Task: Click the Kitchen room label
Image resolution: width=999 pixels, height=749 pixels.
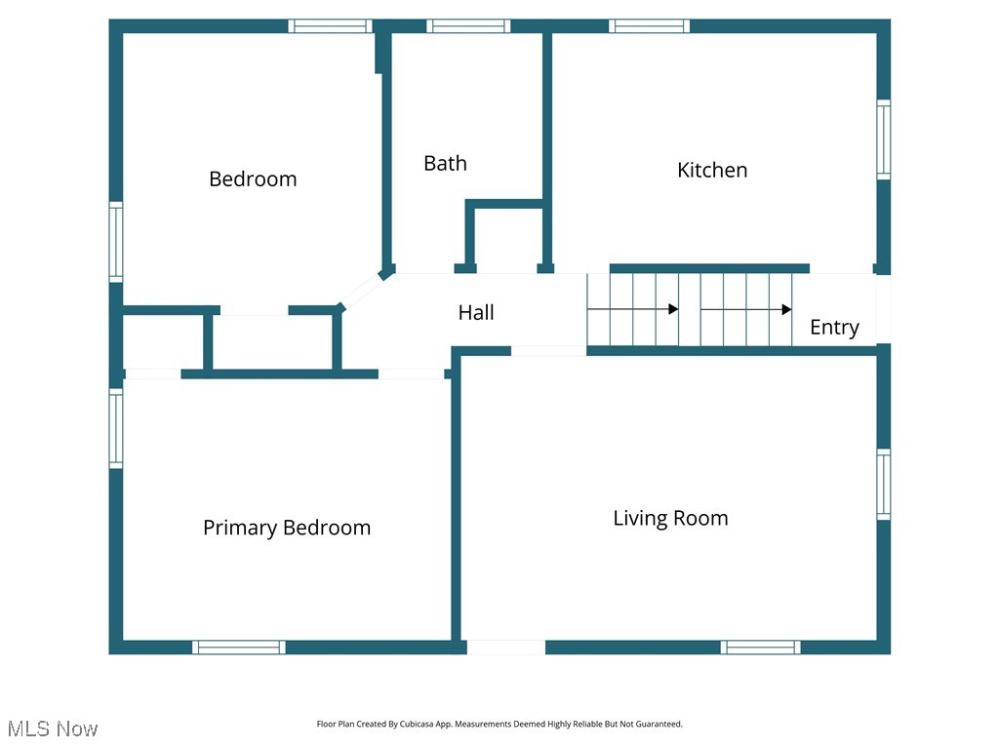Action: coord(712,170)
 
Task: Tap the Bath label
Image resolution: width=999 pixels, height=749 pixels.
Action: coord(445,163)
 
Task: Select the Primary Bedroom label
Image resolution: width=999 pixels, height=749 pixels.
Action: coord(287,528)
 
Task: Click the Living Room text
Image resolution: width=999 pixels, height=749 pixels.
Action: coord(670,518)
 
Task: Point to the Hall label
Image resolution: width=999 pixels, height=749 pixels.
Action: coord(476,312)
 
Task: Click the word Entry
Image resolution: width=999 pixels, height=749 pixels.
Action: coord(834,328)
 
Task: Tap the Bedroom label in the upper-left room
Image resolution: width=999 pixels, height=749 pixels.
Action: coord(253,178)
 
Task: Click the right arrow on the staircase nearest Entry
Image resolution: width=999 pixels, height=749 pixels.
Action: coord(746,310)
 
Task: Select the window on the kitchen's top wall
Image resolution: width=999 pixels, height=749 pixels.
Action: coord(650,26)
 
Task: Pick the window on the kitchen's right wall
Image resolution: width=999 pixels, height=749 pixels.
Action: coord(883,139)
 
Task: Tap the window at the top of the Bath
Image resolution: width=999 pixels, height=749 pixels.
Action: coord(468,26)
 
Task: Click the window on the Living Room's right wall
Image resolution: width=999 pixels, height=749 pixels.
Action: coord(883,484)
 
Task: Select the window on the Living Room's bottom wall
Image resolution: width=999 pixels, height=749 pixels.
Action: coord(761,647)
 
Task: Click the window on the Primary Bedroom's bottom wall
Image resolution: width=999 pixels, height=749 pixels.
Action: coord(239,647)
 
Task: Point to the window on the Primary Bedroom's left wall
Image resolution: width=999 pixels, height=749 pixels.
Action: coord(116,428)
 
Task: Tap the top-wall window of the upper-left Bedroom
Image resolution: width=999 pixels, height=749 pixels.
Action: coord(331,26)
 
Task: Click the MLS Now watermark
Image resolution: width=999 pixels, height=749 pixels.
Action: coord(53,729)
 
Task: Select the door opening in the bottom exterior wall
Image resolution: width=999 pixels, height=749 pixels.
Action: coord(505,647)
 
